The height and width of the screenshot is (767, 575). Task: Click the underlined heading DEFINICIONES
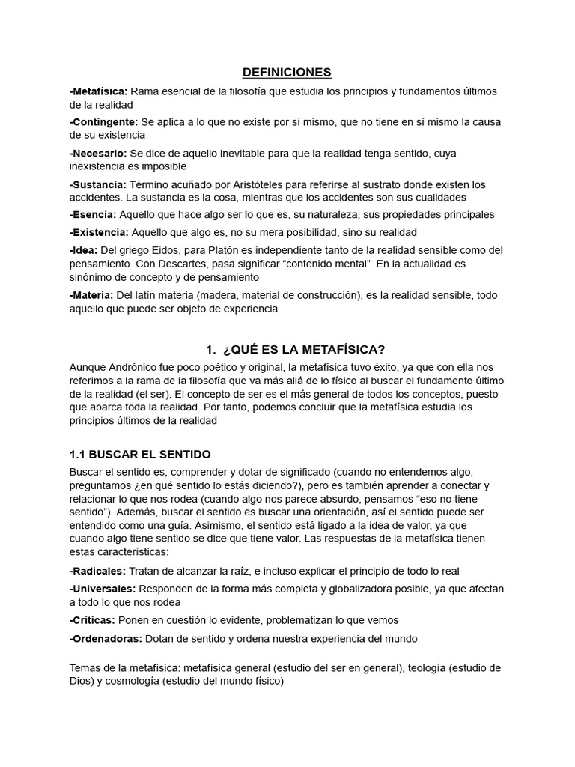pos(287,73)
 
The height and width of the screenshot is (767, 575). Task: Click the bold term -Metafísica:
pos(98,91)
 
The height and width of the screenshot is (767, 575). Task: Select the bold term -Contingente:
pos(103,122)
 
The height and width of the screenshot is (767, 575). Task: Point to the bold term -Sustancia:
pos(98,184)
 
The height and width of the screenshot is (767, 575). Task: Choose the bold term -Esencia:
pos(94,214)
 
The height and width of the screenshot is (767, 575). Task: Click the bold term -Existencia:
pos(99,232)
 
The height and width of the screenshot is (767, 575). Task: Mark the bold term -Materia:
pos(91,295)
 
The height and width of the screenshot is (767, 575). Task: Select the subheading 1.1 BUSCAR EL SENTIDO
pos(140,455)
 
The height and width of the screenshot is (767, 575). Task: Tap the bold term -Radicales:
pos(98,571)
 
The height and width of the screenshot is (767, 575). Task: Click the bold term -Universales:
pos(102,589)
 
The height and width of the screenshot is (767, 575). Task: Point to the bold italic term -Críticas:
pos(92,620)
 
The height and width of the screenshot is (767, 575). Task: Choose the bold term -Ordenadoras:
pos(106,638)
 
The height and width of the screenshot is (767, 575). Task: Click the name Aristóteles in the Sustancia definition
pos(282,184)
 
